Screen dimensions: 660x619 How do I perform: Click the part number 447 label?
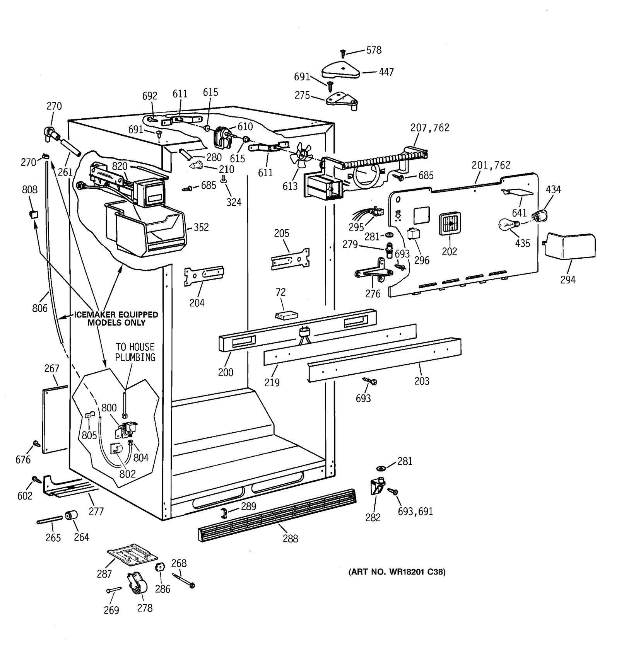(386, 72)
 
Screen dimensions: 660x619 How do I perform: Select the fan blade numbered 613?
(302, 155)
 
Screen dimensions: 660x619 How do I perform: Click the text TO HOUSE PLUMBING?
(135, 352)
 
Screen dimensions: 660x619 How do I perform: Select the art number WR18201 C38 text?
(397, 572)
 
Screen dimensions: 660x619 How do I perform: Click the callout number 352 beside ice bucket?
(201, 227)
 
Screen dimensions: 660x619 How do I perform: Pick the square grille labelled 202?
(450, 224)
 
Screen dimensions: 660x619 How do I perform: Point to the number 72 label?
(280, 293)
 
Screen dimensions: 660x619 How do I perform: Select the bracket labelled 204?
(204, 275)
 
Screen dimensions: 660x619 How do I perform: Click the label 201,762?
(491, 165)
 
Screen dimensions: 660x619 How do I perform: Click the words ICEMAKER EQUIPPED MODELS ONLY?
(116, 319)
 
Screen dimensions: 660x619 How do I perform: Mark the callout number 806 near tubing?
(40, 308)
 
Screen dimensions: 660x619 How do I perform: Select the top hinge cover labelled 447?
(340, 70)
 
